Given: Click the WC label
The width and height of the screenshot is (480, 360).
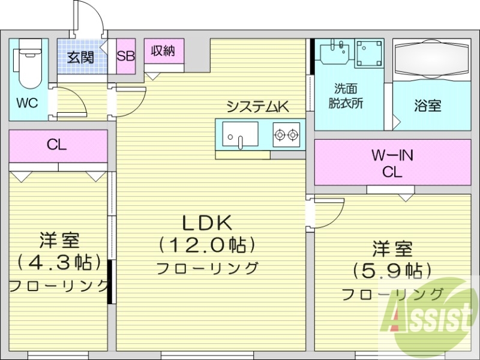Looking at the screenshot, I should click(27, 103).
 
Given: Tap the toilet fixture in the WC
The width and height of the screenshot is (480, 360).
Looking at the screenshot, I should click(28, 64).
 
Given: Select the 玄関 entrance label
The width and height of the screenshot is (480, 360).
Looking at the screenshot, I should click(80, 58).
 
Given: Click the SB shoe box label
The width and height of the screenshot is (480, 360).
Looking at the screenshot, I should click(126, 56).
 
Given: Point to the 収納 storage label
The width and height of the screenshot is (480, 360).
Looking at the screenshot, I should click(163, 51).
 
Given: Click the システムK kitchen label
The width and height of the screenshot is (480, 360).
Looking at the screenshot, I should click(257, 107).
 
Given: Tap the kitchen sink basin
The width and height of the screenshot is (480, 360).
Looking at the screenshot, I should click(239, 134).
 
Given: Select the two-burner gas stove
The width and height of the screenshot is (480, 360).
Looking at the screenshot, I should click(286, 134).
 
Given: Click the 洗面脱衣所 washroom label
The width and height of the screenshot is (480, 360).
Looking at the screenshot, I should click(346, 95).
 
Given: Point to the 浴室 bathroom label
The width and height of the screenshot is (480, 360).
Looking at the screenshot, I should click(428, 106).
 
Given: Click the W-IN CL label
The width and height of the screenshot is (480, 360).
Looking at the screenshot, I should click(392, 164).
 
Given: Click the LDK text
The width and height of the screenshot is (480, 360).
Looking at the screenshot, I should click(207, 223).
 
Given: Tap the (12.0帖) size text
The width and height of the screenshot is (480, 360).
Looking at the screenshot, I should click(208, 245).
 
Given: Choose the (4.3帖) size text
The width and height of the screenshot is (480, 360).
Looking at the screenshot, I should click(58, 262).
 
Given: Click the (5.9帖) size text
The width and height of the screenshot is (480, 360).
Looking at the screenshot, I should click(392, 269).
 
